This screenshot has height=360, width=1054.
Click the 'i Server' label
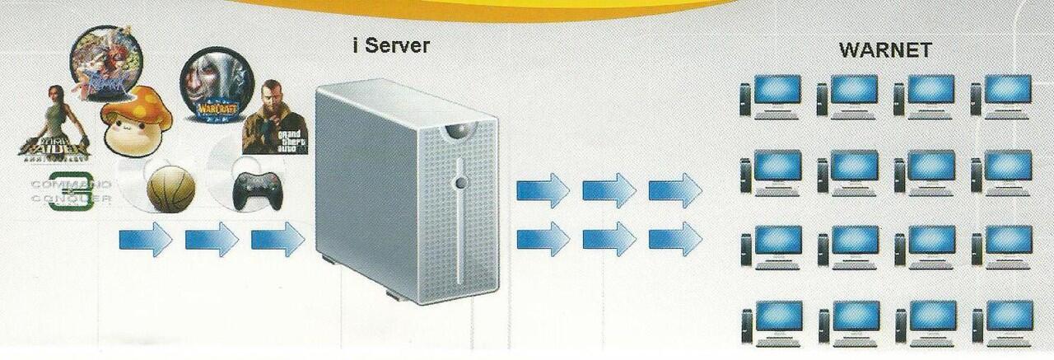coord(390,45)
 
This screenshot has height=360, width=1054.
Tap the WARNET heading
coord(885,50)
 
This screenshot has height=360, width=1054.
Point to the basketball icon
coord(171,187)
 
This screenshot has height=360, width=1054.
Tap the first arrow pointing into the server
coord(145,241)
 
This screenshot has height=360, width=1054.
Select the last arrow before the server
coord(277,241)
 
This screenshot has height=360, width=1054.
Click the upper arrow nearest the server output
coord(543,191)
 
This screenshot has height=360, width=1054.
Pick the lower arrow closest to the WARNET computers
coord(675,239)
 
